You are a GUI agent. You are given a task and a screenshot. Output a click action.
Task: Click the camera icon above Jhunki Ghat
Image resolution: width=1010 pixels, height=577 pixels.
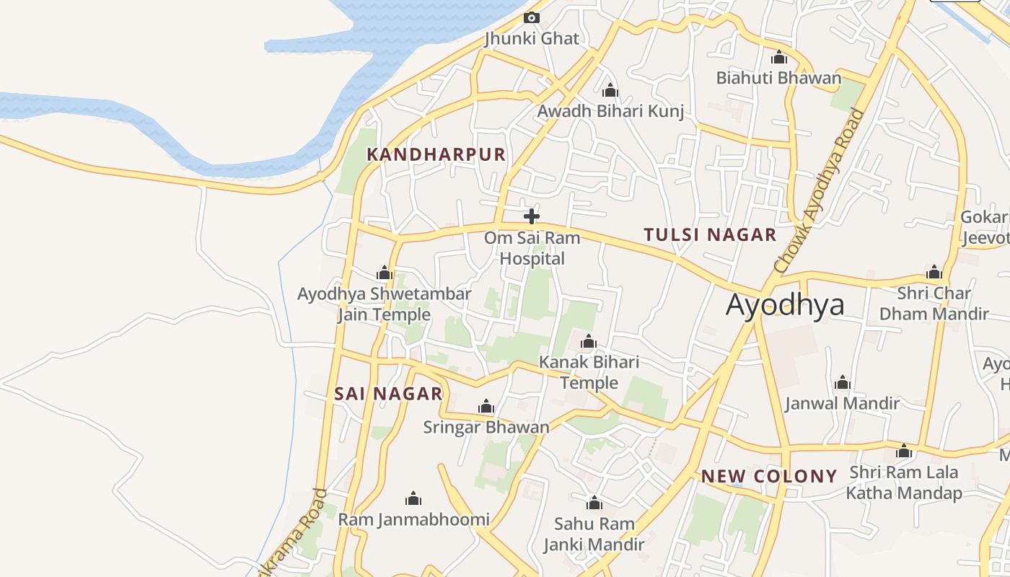coord(532,17)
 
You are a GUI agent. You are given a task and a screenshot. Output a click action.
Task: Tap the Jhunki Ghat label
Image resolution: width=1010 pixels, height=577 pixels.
coord(532,38)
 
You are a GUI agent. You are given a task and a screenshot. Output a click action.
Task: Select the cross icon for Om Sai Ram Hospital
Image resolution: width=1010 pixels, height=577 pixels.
coord(532,216)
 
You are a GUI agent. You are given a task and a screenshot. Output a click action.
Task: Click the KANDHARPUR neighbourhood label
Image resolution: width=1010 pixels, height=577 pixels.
coord(436,155)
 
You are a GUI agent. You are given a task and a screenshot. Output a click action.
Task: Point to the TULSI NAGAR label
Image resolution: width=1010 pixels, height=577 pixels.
coord(710,234)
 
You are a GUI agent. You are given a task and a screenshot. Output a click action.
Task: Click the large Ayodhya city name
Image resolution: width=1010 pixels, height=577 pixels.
coord(785,305)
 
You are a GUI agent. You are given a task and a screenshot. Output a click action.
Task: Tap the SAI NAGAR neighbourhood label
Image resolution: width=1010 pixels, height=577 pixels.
coord(388,394)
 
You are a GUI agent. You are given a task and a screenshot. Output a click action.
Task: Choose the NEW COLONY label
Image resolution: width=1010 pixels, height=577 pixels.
coord(769,476)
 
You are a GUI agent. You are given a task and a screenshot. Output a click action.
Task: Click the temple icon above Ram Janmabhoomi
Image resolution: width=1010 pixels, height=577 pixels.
coord(413,498)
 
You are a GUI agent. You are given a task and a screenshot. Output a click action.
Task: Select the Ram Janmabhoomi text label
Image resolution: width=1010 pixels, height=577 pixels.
coord(413,519)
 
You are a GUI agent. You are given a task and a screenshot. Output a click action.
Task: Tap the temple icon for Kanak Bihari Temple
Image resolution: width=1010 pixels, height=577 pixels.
coord(589,341)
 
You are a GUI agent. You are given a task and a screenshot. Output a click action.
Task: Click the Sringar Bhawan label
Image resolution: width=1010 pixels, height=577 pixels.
coord(486,427)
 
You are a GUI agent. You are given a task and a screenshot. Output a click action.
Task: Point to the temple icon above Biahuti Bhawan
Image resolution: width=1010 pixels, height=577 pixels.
coord(779,57)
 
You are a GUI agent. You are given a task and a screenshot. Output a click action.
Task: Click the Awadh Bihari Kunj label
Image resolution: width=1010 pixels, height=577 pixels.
coord(610,112)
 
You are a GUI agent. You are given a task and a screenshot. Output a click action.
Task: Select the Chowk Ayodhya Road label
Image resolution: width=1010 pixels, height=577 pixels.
coord(820,190)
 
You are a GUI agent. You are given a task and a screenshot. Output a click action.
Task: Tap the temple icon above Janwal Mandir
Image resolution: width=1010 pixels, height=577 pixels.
coord(842,382)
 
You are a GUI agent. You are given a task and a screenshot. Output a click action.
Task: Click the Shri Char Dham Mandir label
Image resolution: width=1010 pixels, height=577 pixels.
coord(934,304)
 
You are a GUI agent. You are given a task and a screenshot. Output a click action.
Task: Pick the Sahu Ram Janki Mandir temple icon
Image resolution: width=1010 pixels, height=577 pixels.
coord(594,503)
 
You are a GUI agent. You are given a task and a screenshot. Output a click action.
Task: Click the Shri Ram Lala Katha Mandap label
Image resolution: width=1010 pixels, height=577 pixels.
coord(904,483)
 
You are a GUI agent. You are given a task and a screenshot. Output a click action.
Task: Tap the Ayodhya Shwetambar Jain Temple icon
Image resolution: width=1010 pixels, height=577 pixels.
coord(385,273)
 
